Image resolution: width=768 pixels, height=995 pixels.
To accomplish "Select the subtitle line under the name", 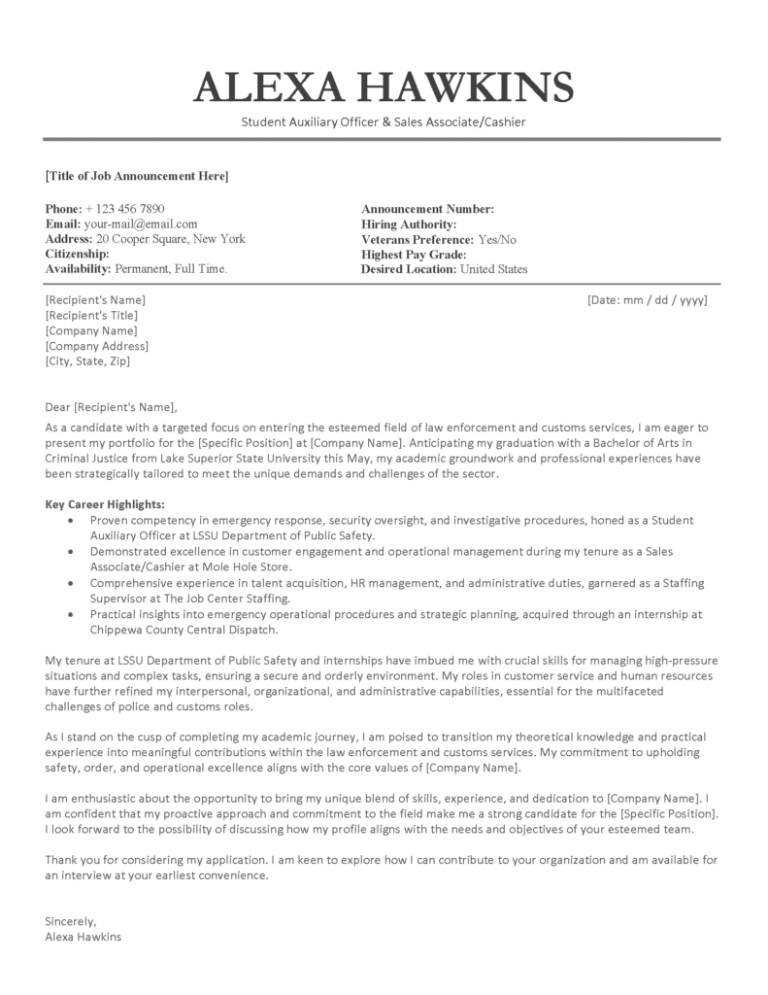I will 384,122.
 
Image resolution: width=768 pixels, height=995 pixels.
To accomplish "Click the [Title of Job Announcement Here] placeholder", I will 137,176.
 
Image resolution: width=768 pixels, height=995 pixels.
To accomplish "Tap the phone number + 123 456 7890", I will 125,209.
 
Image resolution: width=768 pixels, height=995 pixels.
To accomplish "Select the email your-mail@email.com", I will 142,223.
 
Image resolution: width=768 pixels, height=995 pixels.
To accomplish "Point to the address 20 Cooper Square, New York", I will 170,239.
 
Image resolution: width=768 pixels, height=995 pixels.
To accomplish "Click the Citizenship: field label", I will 81,254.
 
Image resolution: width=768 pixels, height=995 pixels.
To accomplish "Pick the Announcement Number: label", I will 427,209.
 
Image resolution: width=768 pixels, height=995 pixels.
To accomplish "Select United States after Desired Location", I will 493,269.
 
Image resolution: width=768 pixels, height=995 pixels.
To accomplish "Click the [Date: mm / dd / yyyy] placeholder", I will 648,299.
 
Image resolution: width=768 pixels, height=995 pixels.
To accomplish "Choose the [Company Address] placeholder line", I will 97,346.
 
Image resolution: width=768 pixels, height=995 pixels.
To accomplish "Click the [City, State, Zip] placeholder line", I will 87,361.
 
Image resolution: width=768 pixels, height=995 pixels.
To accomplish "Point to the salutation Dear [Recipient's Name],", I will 113,407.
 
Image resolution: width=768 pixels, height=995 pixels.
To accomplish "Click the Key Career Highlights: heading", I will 105,504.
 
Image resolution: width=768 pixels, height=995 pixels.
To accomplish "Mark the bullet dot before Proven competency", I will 71,521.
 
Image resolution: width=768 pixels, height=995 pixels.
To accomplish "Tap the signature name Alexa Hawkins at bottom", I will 83,938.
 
